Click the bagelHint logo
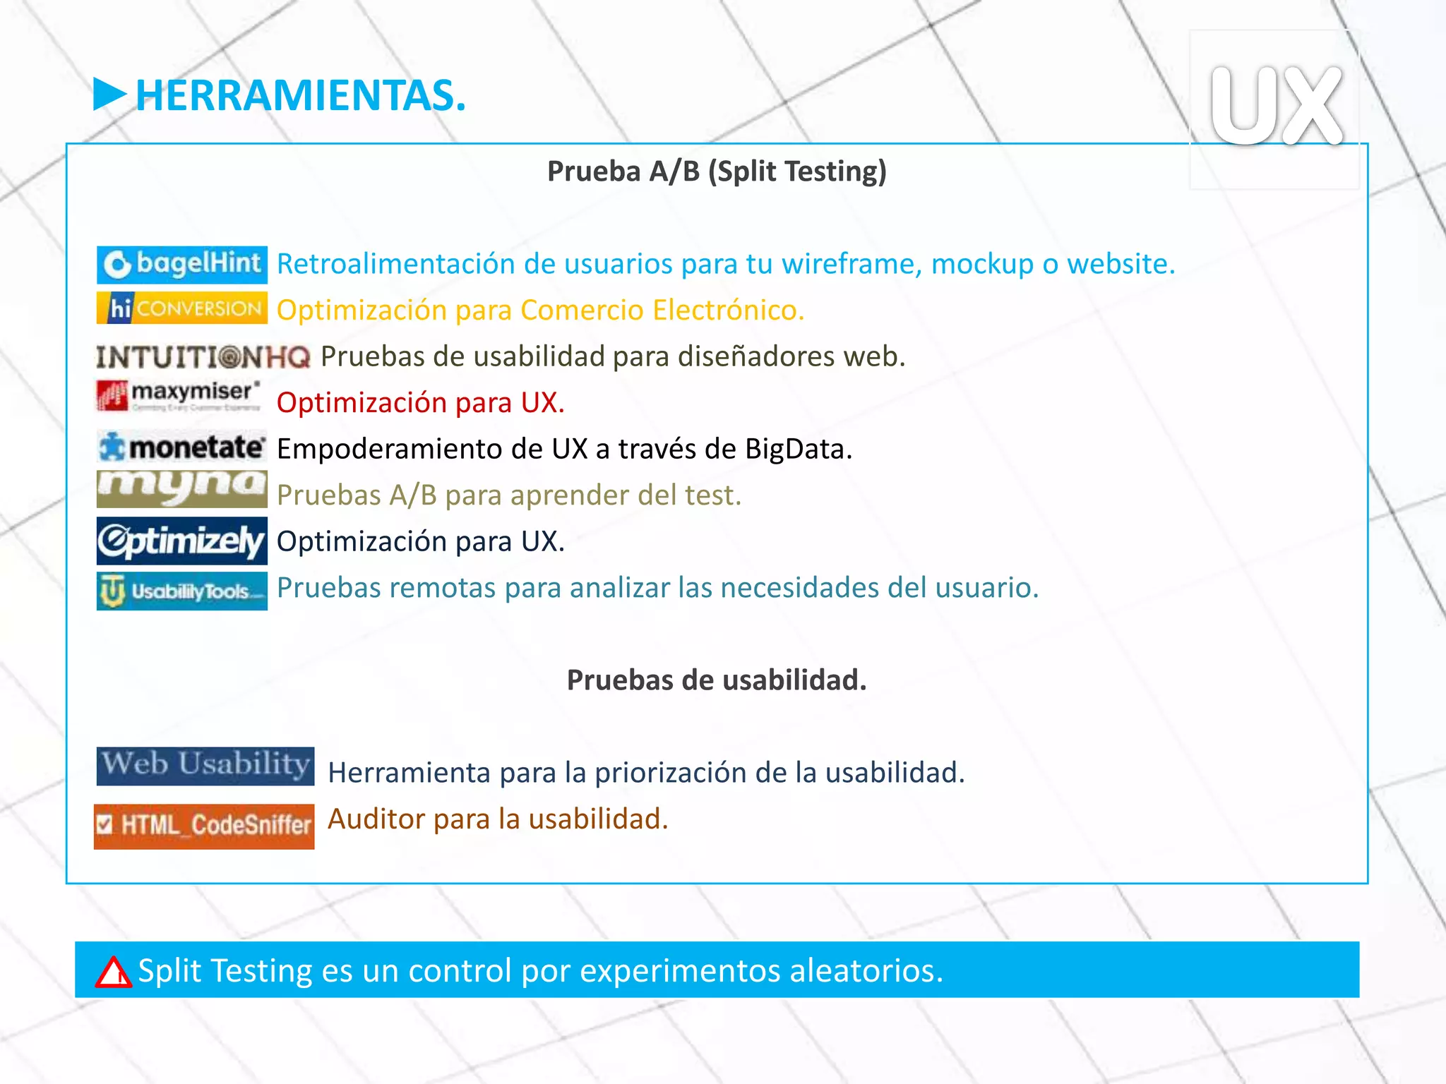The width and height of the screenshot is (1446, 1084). click(x=182, y=265)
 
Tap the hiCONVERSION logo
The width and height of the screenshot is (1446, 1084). click(x=182, y=308)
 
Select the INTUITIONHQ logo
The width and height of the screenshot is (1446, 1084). click(x=203, y=357)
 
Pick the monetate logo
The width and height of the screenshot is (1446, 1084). click(x=182, y=447)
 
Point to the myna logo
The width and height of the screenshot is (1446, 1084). click(x=182, y=488)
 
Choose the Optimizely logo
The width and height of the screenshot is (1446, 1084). click(x=182, y=541)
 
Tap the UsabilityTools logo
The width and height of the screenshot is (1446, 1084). click(x=182, y=591)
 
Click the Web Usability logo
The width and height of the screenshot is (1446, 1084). click(x=205, y=766)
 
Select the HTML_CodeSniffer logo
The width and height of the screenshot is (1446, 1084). click(x=204, y=826)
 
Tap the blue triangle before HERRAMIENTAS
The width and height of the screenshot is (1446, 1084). click(x=109, y=95)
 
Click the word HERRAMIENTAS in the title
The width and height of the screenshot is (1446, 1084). click(x=300, y=96)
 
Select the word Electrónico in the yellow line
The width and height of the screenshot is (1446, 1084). click(x=727, y=311)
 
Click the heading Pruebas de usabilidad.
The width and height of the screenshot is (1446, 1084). click(x=717, y=680)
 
